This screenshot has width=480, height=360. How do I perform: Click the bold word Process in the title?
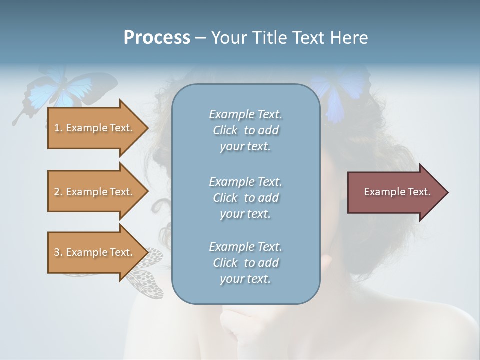pyautogui.click(x=157, y=38)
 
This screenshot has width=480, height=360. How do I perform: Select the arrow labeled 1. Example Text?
pyautogui.click(x=95, y=128)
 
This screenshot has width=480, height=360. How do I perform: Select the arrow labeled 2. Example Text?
pyautogui.click(x=95, y=192)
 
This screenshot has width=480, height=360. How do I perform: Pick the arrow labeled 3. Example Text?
pyautogui.click(x=95, y=252)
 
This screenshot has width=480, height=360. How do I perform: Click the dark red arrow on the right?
pyautogui.click(x=390, y=192)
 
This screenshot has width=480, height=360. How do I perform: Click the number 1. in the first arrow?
pyautogui.click(x=58, y=128)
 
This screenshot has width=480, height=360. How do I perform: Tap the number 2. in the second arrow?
pyautogui.click(x=58, y=192)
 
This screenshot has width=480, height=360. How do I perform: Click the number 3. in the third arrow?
pyautogui.click(x=58, y=252)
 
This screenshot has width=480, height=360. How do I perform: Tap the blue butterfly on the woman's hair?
pyautogui.click(x=340, y=92)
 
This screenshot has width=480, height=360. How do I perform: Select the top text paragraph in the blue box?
pyautogui.click(x=245, y=130)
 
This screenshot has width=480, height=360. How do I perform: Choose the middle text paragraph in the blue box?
pyautogui.click(x=245, y=197)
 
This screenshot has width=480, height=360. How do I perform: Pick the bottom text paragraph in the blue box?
pyautogui.click(x=245, y=263)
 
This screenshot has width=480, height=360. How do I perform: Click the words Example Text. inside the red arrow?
pyautogui.click(x=397, y=192)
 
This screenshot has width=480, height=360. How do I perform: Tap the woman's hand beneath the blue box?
pyautogui.click(x=245, y=325)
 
